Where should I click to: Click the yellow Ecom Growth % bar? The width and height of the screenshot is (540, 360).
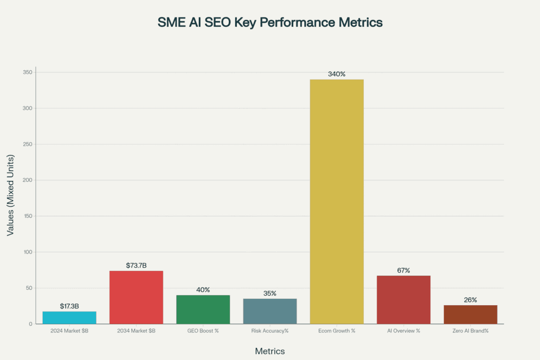tap(336, 201)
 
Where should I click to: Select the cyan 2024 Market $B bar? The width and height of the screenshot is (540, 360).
tap(69, 317)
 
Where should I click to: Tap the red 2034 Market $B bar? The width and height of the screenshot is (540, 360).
tap(136, 297)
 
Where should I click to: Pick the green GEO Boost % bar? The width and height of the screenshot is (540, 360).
tap(203, 309)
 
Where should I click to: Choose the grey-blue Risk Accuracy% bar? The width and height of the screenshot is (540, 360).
tap(270, 311)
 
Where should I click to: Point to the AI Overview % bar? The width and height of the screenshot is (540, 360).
tap(403, 299)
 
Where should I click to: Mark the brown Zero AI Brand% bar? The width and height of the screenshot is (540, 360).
tap(470, 314)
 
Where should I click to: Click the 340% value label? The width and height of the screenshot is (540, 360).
tap(336, 74)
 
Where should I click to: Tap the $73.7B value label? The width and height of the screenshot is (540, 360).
tap(136, 265)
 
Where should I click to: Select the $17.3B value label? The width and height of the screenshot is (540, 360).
tap(69, 306)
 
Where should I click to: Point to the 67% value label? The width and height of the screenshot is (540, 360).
tap(403, 270)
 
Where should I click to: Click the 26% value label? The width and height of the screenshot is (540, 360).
tap(470, 300)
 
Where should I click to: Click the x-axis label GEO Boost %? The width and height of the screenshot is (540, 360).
tap(203, 331)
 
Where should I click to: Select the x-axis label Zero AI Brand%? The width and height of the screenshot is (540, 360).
tap(470, 331)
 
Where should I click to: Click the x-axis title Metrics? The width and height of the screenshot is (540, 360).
tap(270, 351)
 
